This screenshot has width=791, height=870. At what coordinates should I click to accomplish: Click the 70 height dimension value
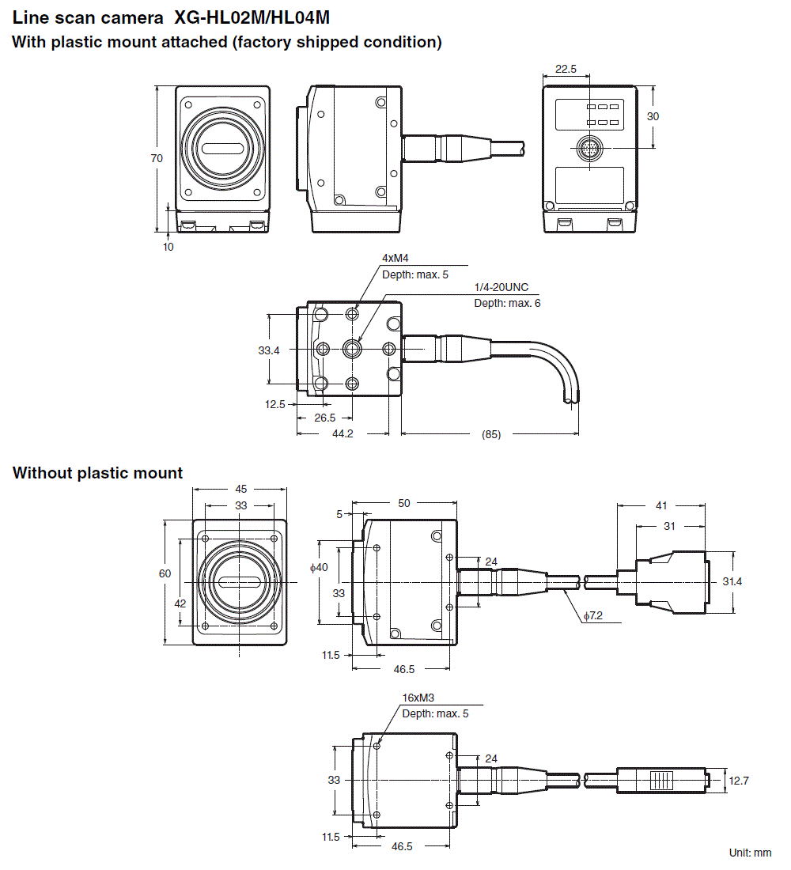[157, 158]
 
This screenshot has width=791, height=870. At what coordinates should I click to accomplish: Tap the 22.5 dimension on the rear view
[566, 69]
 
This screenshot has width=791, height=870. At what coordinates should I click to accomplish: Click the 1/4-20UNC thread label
[501, 287]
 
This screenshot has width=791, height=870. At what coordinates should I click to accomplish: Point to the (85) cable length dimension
[490, 434]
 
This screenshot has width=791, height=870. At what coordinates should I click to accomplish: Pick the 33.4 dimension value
[269, 349]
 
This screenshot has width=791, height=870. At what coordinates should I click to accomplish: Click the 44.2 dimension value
[343, 434]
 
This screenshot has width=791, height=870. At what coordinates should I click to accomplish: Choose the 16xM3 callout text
[419, 698]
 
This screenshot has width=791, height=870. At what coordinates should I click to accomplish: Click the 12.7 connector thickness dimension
[738, 781]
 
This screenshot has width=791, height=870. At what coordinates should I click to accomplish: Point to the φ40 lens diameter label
[318, 568]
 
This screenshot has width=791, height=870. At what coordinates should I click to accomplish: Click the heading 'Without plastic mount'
[97, 473]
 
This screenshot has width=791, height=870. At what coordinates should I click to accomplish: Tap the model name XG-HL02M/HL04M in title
[252, 16]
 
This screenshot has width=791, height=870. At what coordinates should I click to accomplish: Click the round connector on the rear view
[589, 148]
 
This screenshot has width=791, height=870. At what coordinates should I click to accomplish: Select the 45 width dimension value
[240, 489]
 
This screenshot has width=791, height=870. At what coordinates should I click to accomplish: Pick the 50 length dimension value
[404, 503]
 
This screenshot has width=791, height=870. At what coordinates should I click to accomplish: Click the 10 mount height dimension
[168, 246]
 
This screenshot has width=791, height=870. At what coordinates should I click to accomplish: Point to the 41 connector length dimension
[660, 505]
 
